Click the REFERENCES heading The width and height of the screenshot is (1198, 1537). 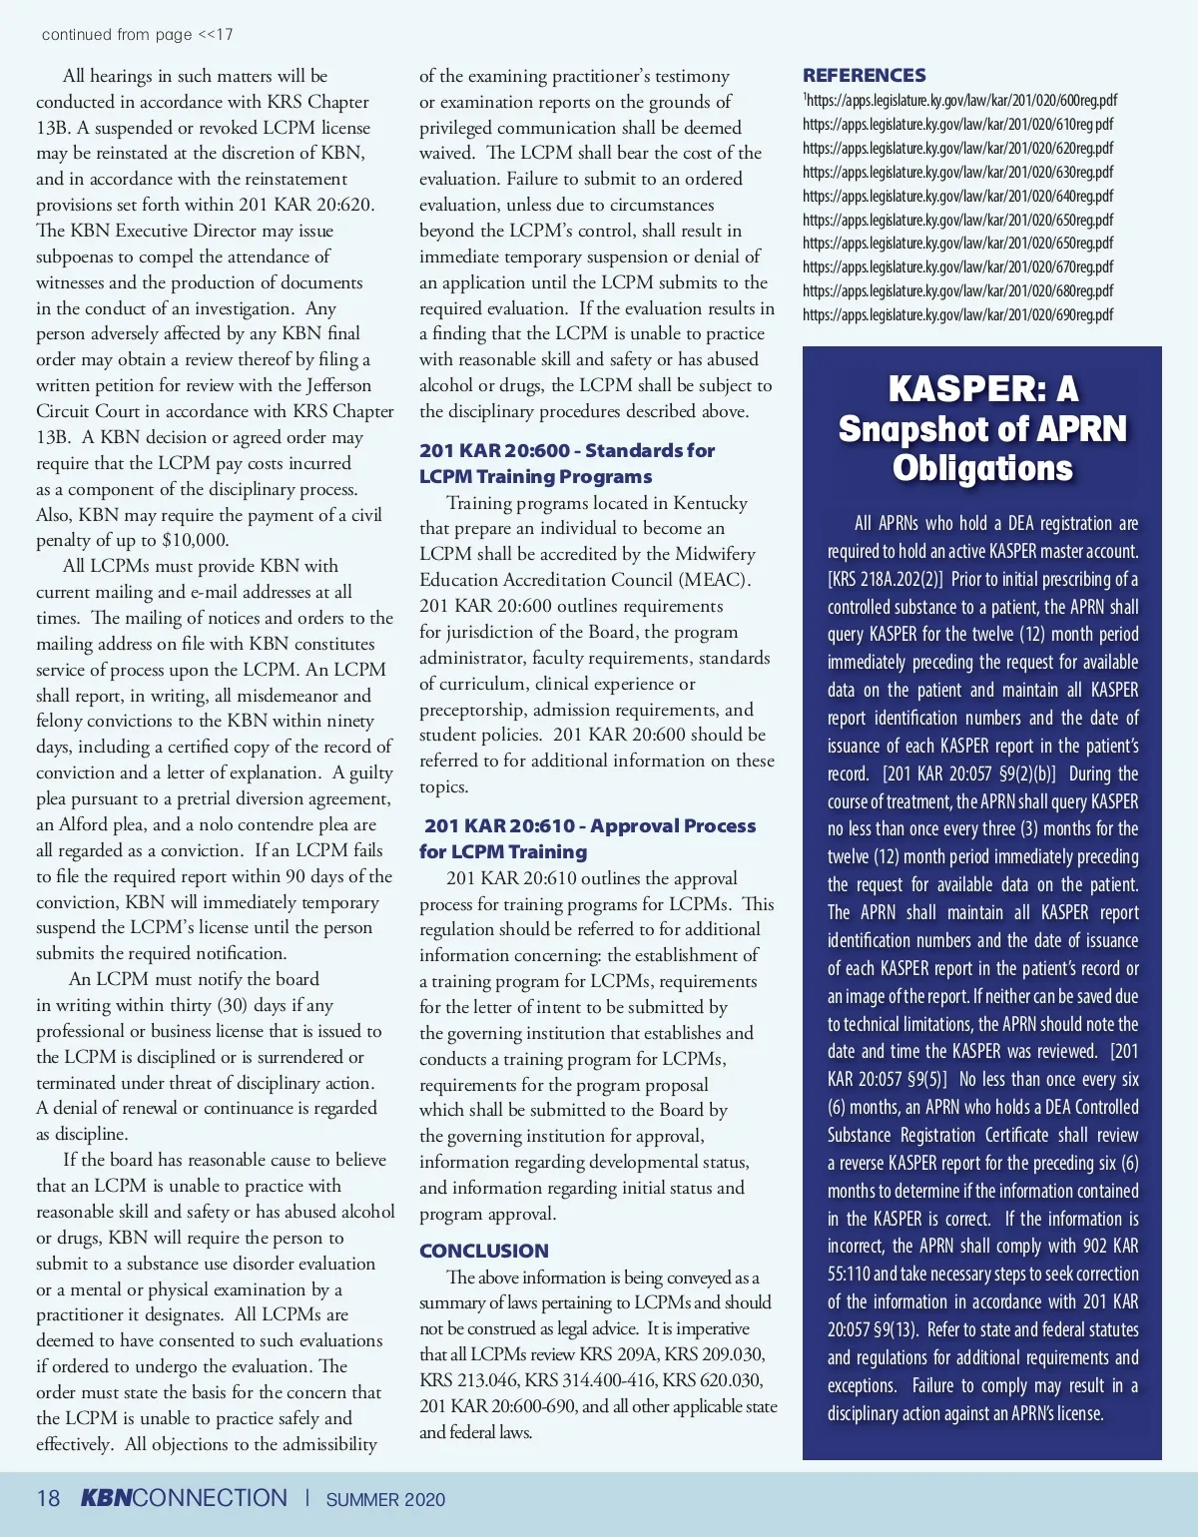coord(864,75)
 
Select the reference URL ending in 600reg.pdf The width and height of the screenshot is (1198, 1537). coord(959,100)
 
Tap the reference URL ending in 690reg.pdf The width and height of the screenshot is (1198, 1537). coord(957,314)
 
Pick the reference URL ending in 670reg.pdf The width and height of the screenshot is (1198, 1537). coord(957,266)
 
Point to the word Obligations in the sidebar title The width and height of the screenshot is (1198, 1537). coord(982,468)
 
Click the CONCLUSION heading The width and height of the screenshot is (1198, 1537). coord(484,1251)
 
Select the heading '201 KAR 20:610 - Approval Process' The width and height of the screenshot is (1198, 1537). coord(589,825)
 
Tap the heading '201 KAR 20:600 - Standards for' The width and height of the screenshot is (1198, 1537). coord(567,450)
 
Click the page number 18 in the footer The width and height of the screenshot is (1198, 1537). coord(48,1498)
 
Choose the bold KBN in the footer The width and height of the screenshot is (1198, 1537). coord(105,1498)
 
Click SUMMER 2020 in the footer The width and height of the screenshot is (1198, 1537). coord(385,1499)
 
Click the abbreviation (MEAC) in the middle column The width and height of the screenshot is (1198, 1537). coord(715,580)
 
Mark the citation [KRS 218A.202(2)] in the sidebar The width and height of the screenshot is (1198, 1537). coord(885,579)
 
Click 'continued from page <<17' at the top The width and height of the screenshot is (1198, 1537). coord(137,34)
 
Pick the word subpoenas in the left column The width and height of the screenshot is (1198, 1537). coord(79,256)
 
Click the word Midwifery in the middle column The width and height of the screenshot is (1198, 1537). coord(715,554)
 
